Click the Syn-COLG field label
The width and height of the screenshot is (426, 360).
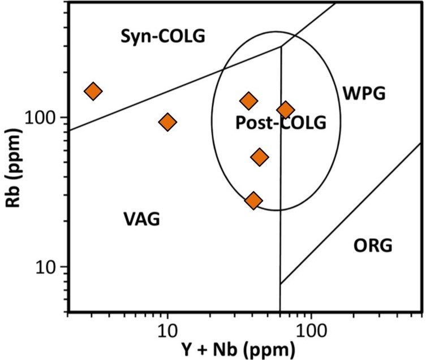pos(163,37)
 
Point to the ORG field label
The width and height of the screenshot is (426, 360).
pos(373,246)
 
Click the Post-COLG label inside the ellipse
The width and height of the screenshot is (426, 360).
pos(281,123)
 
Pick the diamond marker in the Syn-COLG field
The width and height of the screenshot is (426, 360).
pos(93,91)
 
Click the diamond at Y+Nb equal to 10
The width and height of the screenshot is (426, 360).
pos(167,122)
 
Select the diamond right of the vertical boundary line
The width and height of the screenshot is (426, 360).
pos(286,110)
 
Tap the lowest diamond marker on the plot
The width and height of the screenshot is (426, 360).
pos(253,200)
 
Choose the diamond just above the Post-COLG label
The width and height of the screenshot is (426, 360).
pos(248,101)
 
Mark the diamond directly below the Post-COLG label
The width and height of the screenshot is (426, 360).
pos(260,157)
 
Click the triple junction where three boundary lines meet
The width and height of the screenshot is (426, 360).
pos(281,47)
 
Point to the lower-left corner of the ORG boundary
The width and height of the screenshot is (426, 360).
pos(281,283)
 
